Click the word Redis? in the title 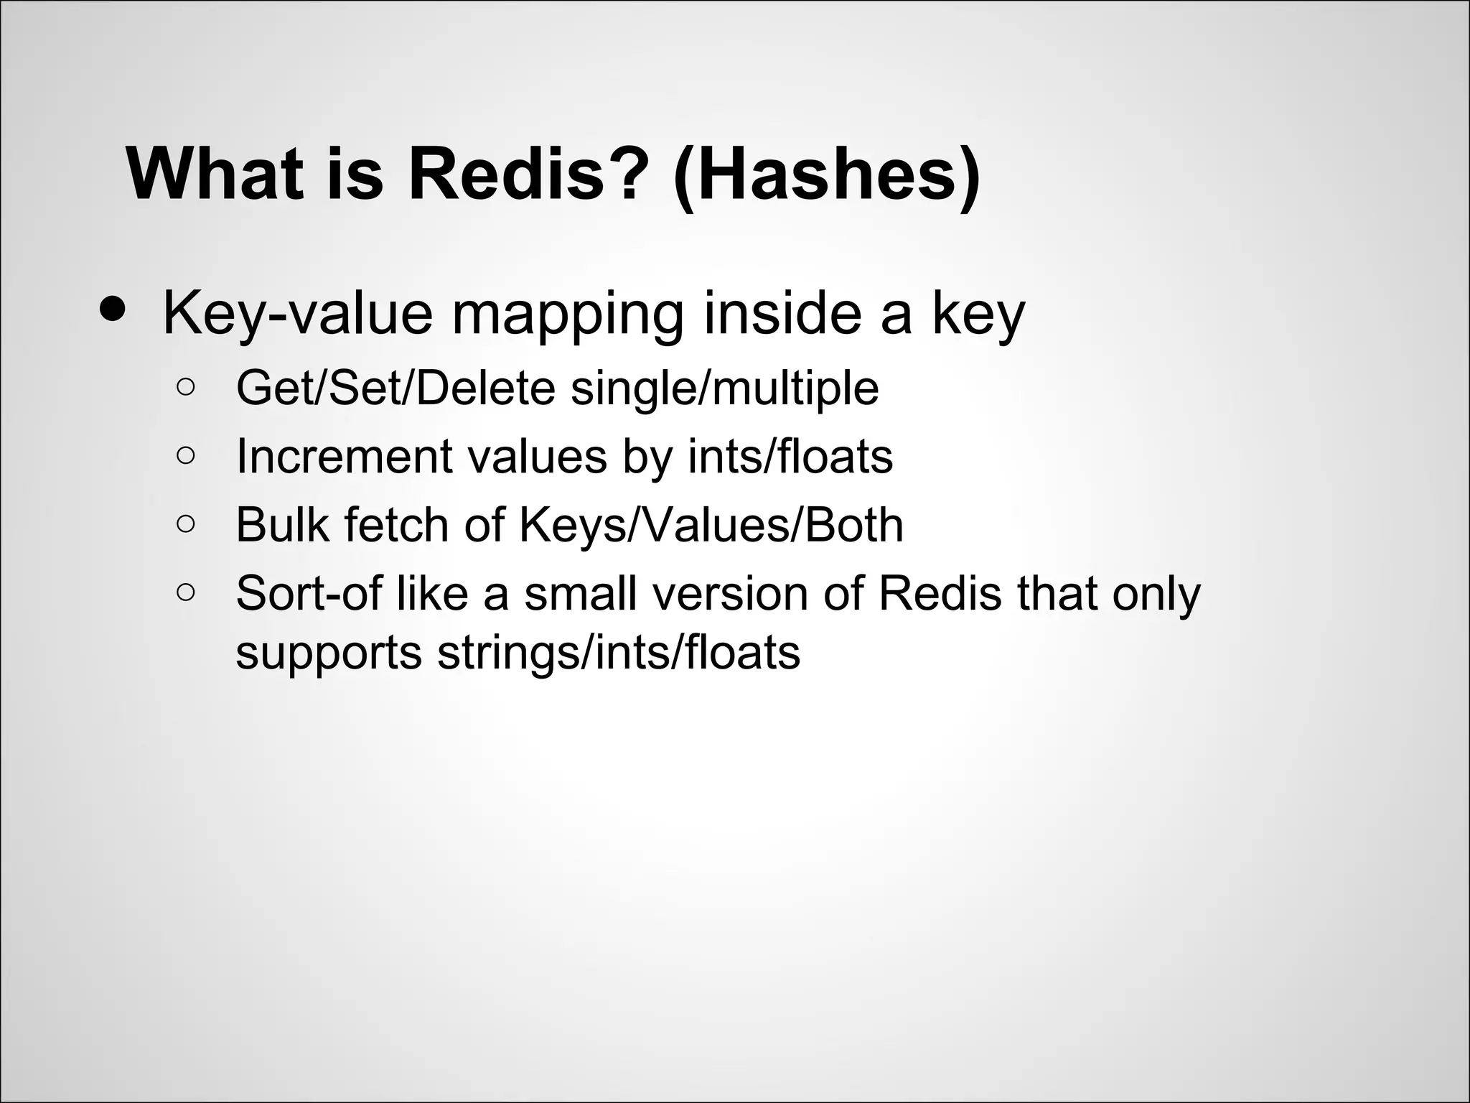pyautogui.click(x=523, y=175)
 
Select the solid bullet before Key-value pyautogui.click(x=113, y=309)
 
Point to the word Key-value pyautogui.click(x=298, y=314)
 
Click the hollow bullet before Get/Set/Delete pyautogui.click(x=185, y=388)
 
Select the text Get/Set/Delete pyautogui.click(x=395, y=388)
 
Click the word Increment pyautogui.click(x=344, y=456)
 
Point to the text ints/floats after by pyautogui.click(x=790, y=456)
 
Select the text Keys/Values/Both pyautogui.click(x=711, y=526)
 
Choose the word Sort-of pyautogui.click(x=308, y=593)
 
